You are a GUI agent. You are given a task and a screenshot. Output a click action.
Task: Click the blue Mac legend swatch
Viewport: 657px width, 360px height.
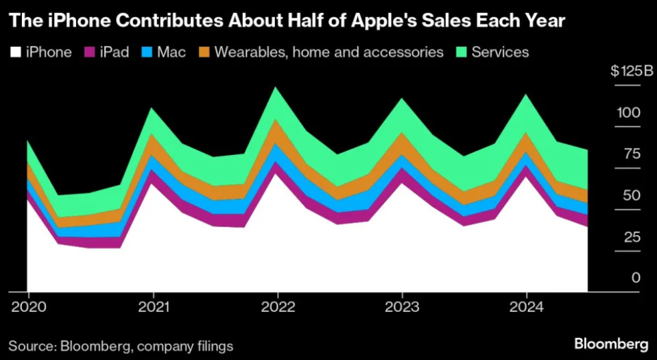(147, 52)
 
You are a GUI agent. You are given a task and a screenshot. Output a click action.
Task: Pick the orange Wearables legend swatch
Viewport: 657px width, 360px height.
(203, 52)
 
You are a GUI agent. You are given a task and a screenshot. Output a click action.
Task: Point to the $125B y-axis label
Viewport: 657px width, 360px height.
(630, 71)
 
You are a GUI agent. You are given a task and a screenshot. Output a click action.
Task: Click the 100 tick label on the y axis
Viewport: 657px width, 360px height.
(630, 112)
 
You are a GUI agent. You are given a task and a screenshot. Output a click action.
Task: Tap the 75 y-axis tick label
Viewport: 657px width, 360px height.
(632, 154)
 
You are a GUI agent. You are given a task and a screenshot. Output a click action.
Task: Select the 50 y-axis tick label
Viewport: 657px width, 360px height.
(632, 195)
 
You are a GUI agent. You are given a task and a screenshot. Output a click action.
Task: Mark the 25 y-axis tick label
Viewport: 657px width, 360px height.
(632, 237)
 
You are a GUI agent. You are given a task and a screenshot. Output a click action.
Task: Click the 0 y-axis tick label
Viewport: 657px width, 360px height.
(636, 278)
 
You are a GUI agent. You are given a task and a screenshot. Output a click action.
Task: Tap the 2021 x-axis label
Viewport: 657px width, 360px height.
(152, 306)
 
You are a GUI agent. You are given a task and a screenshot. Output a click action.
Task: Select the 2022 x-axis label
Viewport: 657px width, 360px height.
(277, 306)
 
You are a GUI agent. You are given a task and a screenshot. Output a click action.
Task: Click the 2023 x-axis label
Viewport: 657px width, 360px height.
(401, 306)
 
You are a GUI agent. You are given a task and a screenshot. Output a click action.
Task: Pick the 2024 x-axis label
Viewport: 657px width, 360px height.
(526, 306)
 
